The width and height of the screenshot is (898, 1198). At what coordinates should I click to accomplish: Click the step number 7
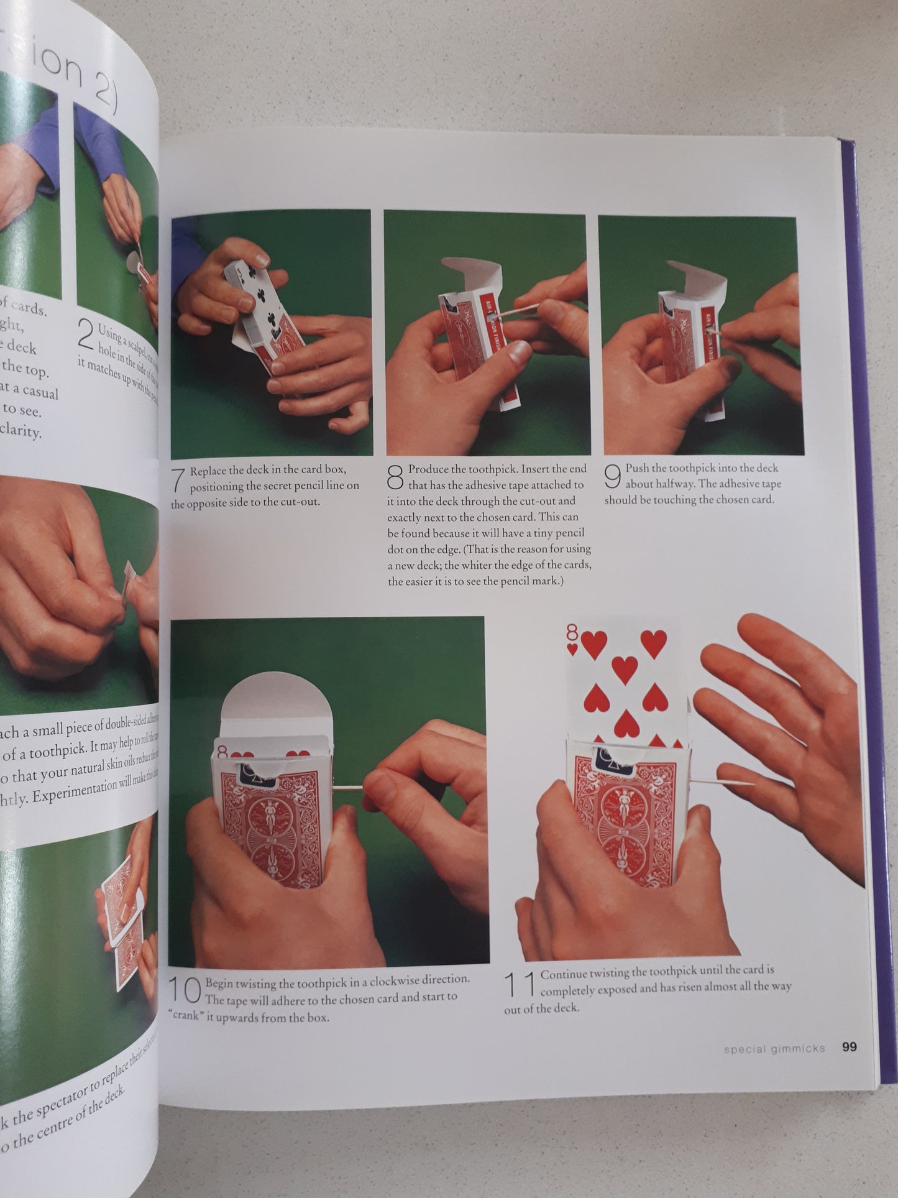click(x=179, y=479)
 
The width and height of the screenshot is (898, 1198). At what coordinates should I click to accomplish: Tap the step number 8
click(x=396, y=477)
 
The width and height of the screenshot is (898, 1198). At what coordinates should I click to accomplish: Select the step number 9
click(x=613, y=476)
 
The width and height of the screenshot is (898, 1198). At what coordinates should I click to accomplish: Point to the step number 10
click(x=185, y=990)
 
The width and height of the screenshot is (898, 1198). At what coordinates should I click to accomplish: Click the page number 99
click(x=849, y=1047)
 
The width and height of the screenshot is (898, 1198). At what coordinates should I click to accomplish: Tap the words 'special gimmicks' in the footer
click(x=774, y=1048)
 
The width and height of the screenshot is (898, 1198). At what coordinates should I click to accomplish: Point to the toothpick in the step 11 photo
click(x=721, y=781)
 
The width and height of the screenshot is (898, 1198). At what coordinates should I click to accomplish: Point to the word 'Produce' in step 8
click(x=428, y=469)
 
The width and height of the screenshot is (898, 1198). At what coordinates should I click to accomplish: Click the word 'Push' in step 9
click(x=637, y=468)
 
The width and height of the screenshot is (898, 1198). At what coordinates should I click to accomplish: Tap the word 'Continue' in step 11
click(x=565, y=975)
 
